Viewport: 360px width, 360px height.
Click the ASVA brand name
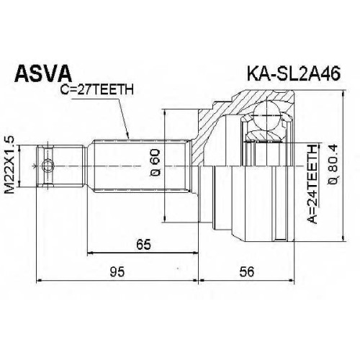coord(43,73)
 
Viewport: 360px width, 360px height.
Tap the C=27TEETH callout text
coord(96,90)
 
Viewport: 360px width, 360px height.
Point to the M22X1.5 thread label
coord(9,165)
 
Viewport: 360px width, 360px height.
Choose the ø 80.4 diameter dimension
coord(333,164)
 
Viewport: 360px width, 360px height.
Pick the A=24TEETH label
coord(312,184)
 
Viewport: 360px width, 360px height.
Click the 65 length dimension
coord(143,245)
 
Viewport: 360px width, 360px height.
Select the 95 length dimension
coord(117,272)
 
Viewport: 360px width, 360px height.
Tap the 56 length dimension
coord(247,272)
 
